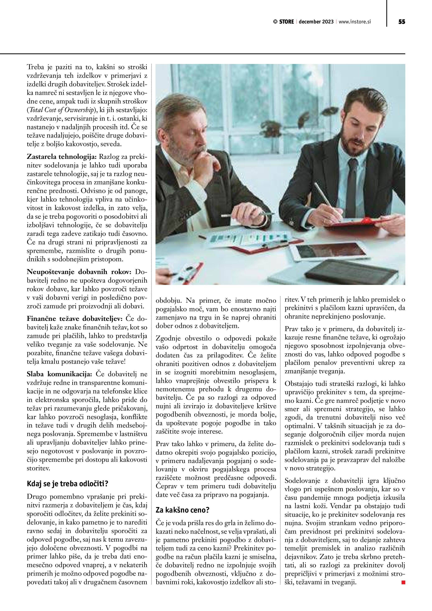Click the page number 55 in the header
(402, 22)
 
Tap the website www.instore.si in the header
(355, 22)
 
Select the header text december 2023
(316, 22)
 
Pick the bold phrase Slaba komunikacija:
(59, 374)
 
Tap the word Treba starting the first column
(36, 67)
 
